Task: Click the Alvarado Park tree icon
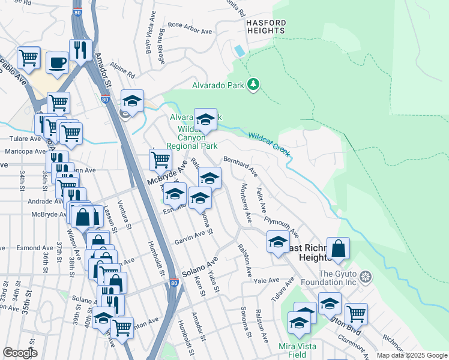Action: pyautogui.click(x=253, y=85)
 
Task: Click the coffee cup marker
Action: pyautogui.click(x=58, y=62)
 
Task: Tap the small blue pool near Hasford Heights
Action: pyautogui.click(x=240, y=51)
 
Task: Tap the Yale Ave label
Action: pyautogui.click(x=267, y=280)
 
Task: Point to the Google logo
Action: pyautogui.click(x=20, y=353)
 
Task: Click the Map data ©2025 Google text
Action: pyautogui.click(x=411, y=355)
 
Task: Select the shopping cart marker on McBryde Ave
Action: pyautogui.click(x=160, y=160)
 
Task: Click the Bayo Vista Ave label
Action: pyautogui.click(x=147, y=40)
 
